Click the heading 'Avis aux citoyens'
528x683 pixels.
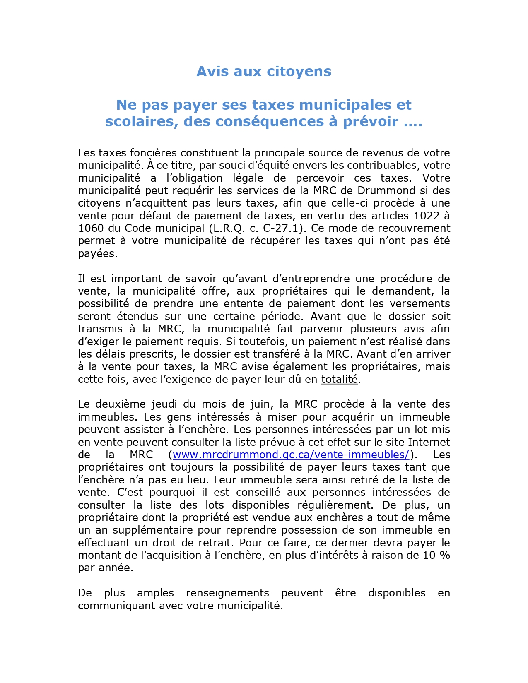tap(264, 71)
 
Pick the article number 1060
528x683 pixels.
tap(91, 228)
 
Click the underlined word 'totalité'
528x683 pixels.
tap(339, 379)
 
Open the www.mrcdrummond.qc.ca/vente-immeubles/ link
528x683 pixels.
tap(291, 455)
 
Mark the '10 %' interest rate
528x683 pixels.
tap(436, 555)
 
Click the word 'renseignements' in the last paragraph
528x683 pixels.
tap(227, 593)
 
